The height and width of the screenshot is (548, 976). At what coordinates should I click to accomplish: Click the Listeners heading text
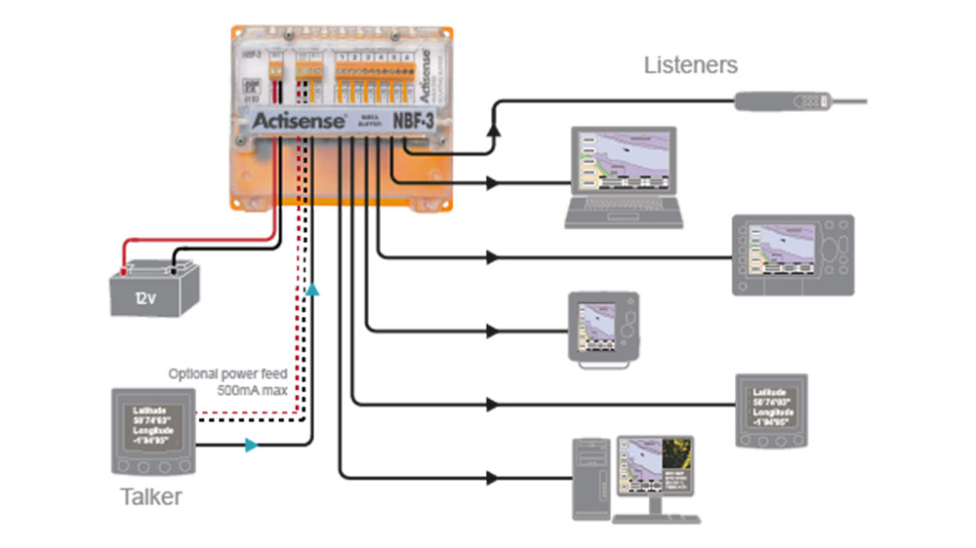tap(690, 66)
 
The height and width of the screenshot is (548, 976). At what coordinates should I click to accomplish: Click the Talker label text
tap(150, 497)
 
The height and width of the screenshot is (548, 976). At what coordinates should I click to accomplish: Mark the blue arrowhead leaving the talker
tap(251, 446)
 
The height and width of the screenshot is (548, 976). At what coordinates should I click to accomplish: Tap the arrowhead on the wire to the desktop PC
tap(493, 478)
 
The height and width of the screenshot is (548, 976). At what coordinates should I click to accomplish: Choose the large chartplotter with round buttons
tap(793, 255)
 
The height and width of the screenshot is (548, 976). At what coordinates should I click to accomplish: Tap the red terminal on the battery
tap(124, 260)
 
